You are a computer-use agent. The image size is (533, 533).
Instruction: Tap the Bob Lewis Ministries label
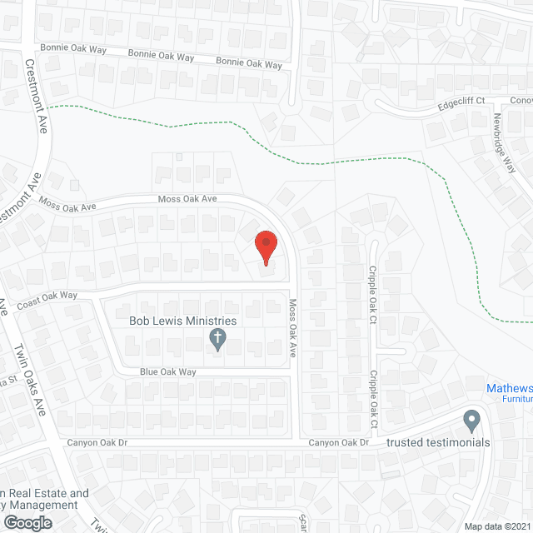tap(182, 321)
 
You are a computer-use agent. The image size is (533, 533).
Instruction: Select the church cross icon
tap(217, 339)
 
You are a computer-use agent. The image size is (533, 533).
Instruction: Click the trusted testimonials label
tap(438, 442)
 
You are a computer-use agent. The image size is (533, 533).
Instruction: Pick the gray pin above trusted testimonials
tap(472, 421)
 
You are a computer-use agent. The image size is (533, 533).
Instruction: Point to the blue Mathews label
tap(510, 387)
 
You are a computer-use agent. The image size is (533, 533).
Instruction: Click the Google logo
tap(27, 522)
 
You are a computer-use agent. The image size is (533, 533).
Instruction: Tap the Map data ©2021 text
tap(497, 526)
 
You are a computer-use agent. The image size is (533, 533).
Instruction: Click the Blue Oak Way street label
tap(167, 372)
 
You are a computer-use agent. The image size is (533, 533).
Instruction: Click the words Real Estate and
tap(49, 493)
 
